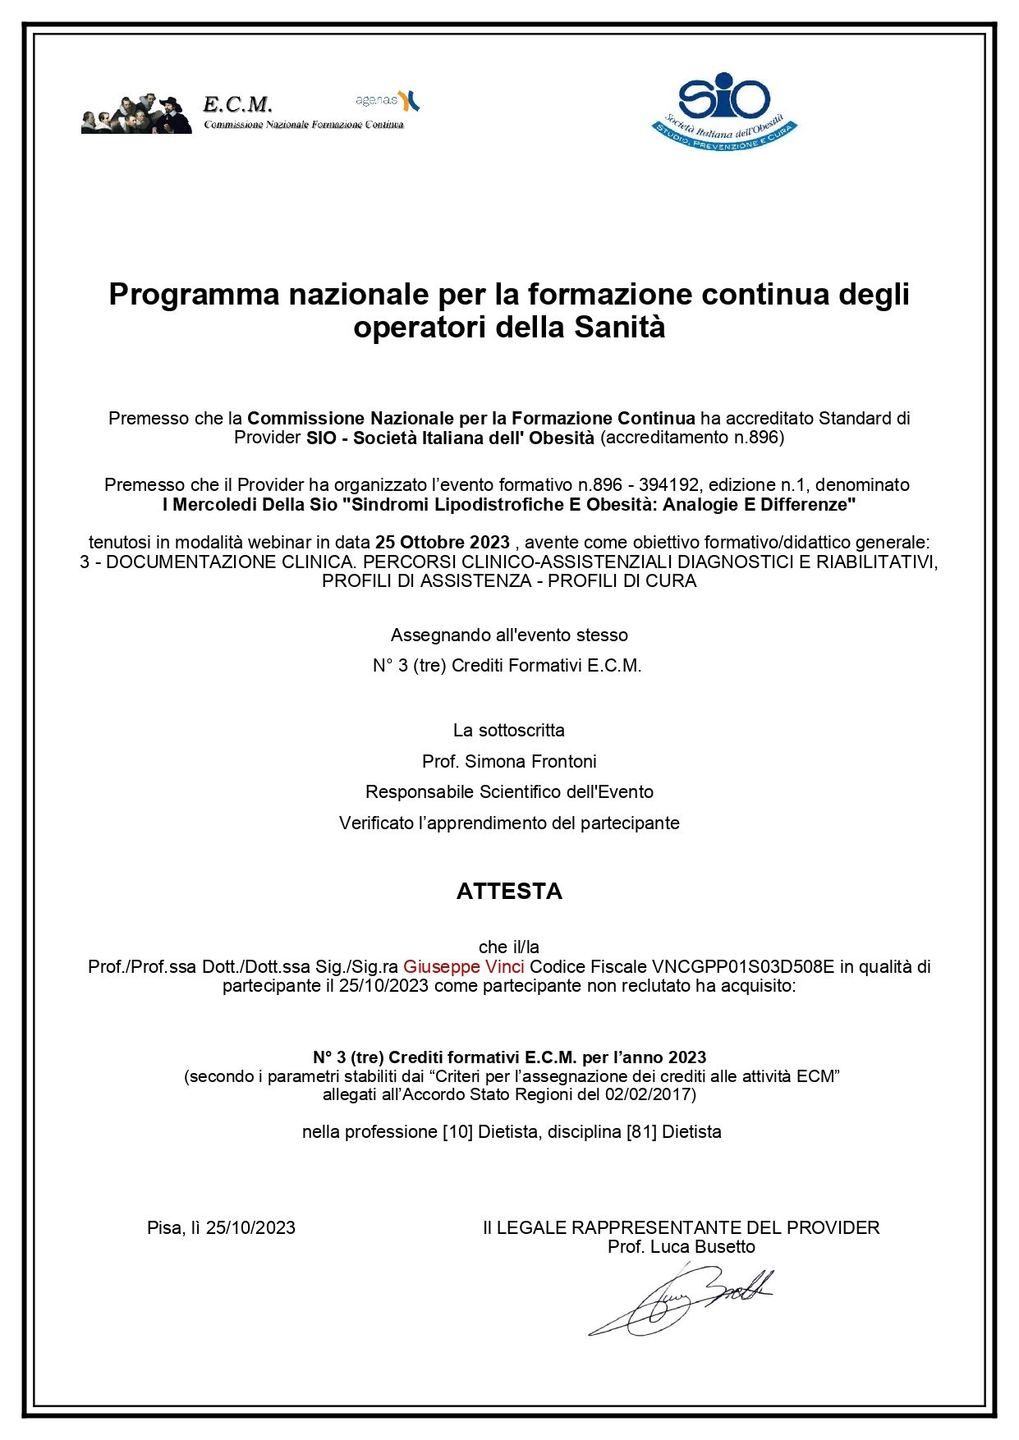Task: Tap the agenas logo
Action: point(388,100)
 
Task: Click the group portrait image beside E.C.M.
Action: point(136,114)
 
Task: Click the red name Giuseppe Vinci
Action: point(463,966)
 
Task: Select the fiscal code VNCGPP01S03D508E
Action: point(742,966)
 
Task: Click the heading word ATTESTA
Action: point(509,892)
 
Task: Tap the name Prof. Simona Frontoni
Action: point(509,761)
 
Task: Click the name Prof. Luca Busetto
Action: point(681,1246)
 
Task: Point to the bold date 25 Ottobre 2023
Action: point(442,543)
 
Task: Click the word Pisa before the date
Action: point(165,1227)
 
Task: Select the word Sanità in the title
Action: point(619,328)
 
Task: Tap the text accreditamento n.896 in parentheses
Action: point(692,438)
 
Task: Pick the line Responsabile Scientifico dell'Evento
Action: point(509,792)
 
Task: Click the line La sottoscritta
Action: point(509,730)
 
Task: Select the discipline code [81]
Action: point(641,1131)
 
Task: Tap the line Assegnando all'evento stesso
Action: point(509,635)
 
